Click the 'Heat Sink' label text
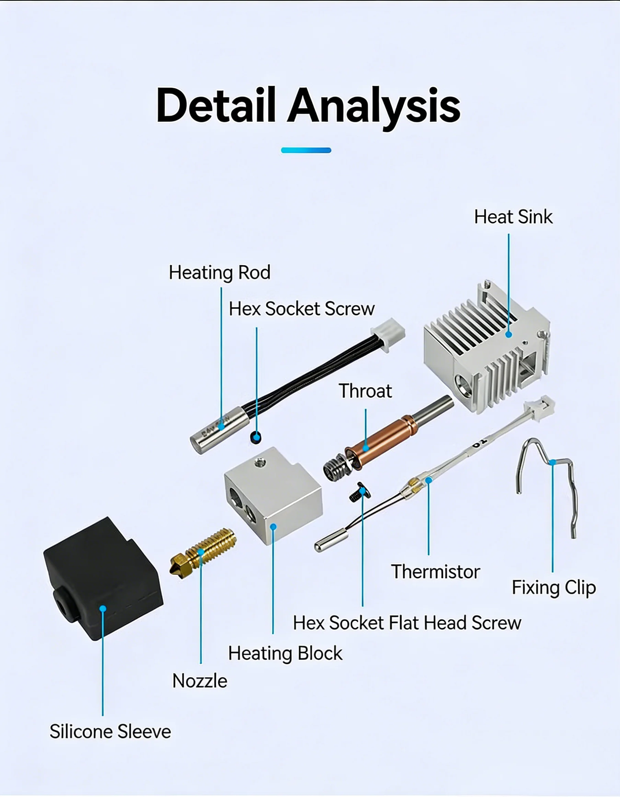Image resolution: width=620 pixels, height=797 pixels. pos(513,217)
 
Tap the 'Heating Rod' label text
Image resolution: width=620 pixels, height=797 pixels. pos(220,273)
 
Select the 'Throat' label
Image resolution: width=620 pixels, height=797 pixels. pos(365,391)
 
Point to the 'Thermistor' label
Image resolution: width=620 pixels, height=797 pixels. pos(435,571)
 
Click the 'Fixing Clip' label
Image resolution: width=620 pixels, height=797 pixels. pos(554,588)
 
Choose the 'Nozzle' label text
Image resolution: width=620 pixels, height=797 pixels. pos(199,681)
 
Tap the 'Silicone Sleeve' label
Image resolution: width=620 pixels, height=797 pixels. pos(110,732)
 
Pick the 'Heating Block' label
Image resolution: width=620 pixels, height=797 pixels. pos(285,654)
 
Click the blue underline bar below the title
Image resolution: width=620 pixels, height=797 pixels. pos(306,150)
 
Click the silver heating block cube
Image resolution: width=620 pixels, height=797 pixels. pos(274,495)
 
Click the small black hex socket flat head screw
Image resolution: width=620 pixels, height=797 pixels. pos(360,492)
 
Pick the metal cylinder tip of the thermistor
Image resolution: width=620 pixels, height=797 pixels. pos(331,541)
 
